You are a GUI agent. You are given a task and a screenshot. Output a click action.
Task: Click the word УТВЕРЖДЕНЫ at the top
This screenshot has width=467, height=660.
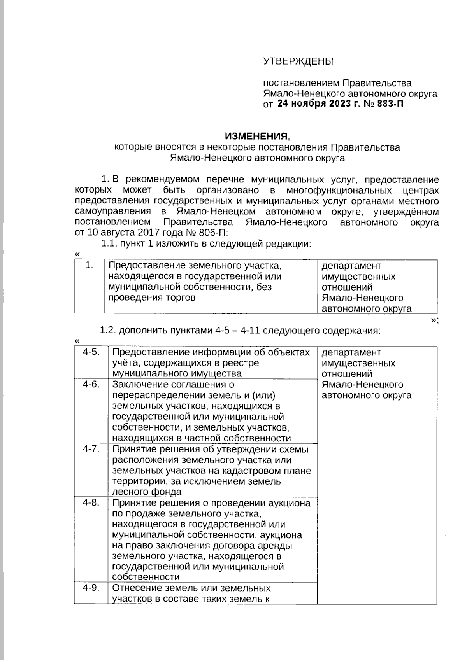(x=298, y=61)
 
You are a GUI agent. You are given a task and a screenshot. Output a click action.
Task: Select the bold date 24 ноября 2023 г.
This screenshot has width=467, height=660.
(x=314, y=104)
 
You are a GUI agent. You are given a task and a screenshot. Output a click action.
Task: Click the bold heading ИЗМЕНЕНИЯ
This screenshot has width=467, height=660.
(x=256, y=136)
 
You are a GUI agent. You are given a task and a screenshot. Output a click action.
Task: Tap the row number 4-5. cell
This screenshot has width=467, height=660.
(x=91, y=352)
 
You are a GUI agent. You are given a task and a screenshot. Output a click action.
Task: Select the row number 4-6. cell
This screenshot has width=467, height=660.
(x=91, y=384)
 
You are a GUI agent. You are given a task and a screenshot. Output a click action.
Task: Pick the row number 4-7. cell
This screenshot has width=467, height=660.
(x=91, y=449)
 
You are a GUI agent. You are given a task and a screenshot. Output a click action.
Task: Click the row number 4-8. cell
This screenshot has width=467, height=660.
(x=91, y=502)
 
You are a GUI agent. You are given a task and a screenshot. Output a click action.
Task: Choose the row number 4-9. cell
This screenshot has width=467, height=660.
(x=91, y=588)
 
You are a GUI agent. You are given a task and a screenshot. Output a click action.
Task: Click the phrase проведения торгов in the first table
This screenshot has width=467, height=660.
(x=152, y=298)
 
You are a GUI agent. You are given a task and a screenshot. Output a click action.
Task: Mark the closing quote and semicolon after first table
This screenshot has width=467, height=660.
(x=435, y=320)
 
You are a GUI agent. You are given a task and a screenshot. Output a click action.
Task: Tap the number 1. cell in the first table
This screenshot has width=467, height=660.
(x=90, y=266)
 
